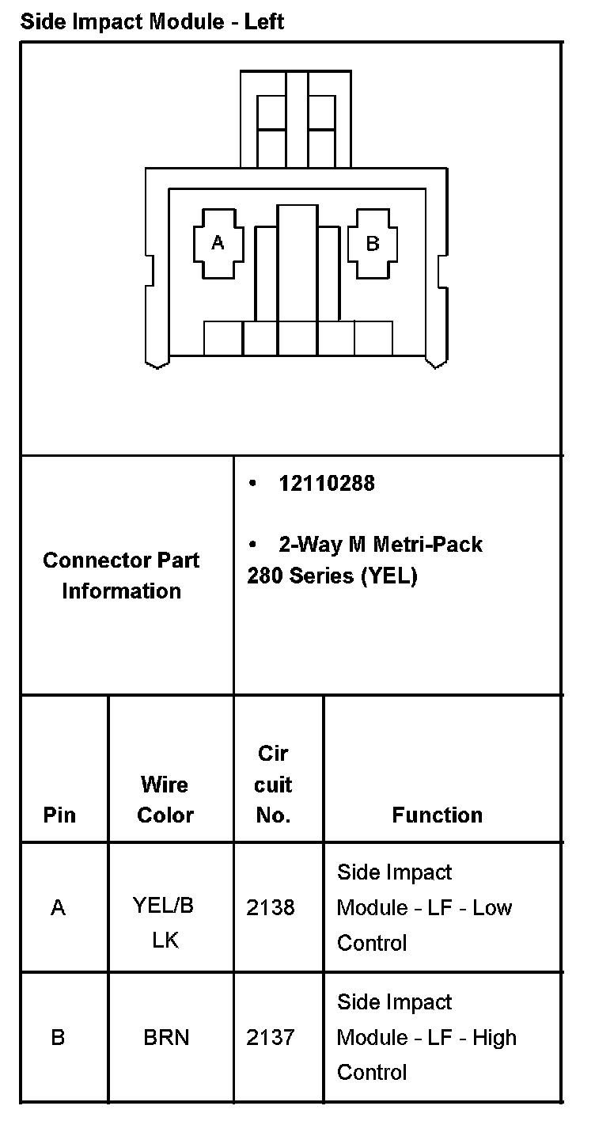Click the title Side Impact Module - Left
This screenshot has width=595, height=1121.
[152, 21]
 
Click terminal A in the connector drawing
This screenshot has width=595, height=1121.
[218, 243]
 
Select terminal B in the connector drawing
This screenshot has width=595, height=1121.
[372, 244]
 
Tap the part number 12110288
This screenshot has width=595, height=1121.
[326, 484]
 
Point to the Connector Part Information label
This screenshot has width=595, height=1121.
[122, 576]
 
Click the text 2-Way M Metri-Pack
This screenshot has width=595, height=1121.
[380, 545]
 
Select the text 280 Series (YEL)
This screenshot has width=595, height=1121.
[332, 576]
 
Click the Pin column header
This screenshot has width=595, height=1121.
[59, 815]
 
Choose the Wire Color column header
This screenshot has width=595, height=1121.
[165, 800]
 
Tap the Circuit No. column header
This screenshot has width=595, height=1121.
[274, 785]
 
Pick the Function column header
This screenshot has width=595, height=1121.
[437, 815]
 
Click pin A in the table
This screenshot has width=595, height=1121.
[58, 907]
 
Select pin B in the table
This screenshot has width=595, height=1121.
[58, 1037]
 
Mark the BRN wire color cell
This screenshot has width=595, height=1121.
[166, 1037]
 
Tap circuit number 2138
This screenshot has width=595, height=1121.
[271, 907]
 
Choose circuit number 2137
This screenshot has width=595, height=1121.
[271, 1037]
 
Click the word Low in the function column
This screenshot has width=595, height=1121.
[492, 907]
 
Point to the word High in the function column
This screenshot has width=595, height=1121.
[495, 1037]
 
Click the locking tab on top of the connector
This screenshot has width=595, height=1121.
[297, 119]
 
